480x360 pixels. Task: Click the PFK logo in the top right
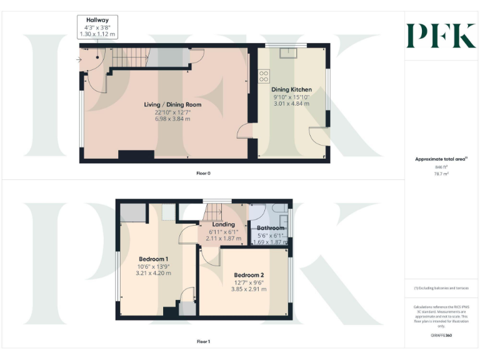441,36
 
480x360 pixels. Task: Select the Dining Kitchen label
292,90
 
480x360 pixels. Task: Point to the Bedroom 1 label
153,259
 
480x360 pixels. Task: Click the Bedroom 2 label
249,275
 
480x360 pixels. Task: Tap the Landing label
223,224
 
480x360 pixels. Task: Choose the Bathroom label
269,228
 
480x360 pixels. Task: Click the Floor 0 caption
200,172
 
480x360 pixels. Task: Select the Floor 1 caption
203,341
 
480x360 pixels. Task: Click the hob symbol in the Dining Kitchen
264,76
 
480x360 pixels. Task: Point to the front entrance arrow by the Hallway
79,60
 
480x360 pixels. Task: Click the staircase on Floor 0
129,59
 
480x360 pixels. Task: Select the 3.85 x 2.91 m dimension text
249,291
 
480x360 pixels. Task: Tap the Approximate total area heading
441,159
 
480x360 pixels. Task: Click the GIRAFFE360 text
441,337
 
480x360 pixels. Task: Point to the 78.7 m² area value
441,174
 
